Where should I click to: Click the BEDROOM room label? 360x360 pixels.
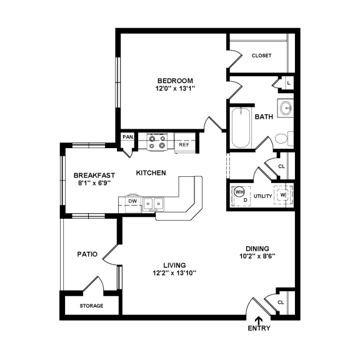coord(175,81)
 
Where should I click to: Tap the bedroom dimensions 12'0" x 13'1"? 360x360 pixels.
coord(175,89)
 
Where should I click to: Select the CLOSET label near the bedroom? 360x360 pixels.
coord(261,56)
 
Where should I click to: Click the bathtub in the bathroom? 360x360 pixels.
coord(240,129)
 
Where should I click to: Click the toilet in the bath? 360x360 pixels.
coord(282,138)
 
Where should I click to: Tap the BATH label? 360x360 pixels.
coord(264,116)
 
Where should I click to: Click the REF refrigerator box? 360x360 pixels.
coord(184,144)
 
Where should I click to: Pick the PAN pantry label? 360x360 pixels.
coord(127,137)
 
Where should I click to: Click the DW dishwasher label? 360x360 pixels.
coord(132,202)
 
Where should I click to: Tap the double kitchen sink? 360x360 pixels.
coord(153,202)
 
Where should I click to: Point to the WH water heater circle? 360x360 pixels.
coord(239,192)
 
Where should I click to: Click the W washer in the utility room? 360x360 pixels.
coord(282,195)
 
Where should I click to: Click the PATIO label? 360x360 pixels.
coord(86,254)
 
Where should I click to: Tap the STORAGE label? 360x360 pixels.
coord(91,306)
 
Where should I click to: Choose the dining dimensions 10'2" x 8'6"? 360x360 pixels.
coord(257,256)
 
